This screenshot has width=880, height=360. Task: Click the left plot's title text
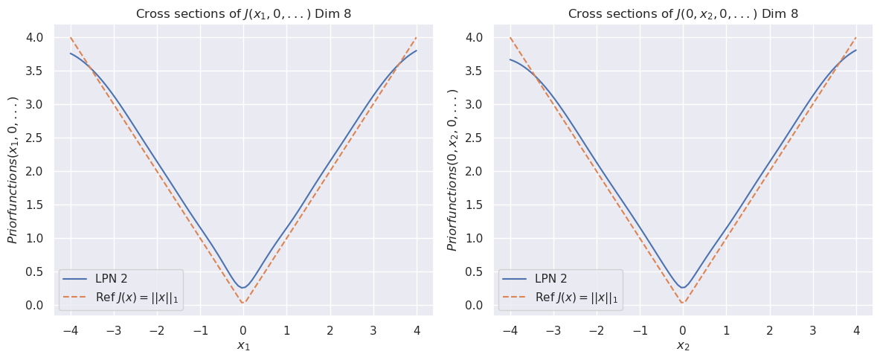click(243, 14)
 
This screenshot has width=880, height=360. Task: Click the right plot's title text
click(682, 14)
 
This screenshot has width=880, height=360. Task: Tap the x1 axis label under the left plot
click(243, 345)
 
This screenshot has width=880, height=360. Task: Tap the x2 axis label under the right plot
click(682, 345)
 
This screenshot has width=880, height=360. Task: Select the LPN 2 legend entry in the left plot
click(112, 280)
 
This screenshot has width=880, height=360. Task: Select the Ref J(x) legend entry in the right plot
click(576, 298)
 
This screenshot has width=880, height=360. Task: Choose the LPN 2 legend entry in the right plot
click(551, 280)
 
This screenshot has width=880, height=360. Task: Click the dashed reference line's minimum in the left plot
click(243, 304)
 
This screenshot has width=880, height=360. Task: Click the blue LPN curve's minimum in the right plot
click(682, 287)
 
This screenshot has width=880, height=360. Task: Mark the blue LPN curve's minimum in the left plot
click(243, 287)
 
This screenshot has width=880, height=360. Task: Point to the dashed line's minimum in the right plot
click(682, 304)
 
